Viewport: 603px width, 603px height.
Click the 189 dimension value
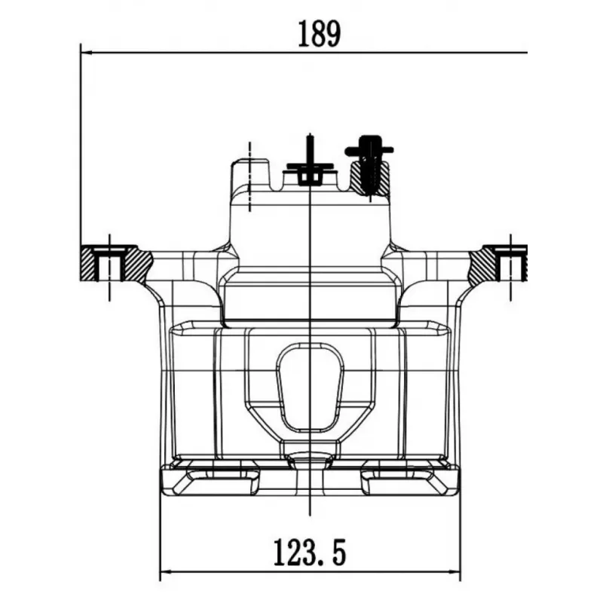tap(319, 34)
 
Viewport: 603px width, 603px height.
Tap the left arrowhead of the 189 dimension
tap(86, 52)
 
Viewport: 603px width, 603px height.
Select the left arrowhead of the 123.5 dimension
tap(165, 571)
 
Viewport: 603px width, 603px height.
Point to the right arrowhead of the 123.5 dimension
tap(455, 571)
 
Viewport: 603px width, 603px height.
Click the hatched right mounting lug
tap(498, 263)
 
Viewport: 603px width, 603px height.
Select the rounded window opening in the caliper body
tap(310, 387)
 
